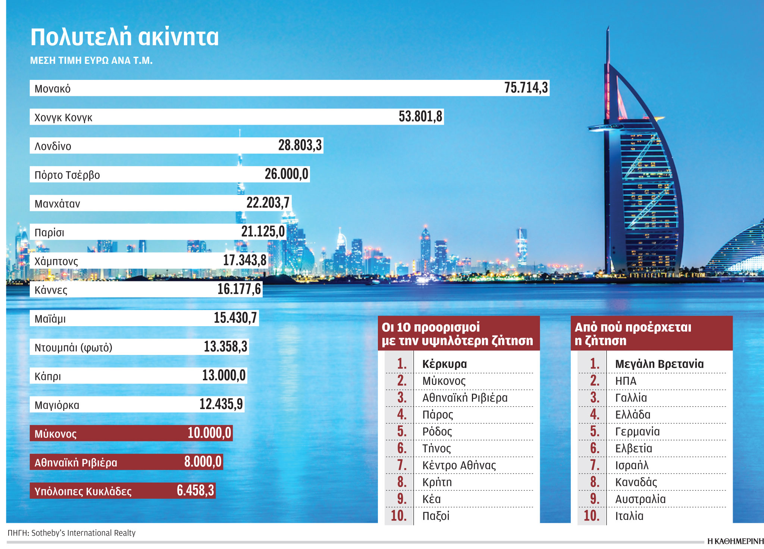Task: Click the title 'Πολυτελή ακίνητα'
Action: [124, 37]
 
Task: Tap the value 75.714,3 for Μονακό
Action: [526, 88]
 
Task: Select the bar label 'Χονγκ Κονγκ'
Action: [63, 118]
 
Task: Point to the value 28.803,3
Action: [300, 145]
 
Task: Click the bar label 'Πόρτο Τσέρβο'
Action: [67, 175]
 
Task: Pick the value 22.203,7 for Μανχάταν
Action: [268, 203]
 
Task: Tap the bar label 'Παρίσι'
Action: [49, 233]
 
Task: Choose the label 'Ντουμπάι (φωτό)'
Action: [73, 347]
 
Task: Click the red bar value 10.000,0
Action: [209, 433]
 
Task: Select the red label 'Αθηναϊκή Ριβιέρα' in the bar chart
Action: [76, 463]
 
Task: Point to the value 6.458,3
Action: [195, 490]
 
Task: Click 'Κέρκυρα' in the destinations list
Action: [444, 364]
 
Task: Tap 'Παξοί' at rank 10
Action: [436, 516]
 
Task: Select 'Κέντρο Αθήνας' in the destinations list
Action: [459, 465]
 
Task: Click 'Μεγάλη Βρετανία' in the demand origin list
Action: [659, 364]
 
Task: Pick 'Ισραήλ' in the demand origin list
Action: [632, 465]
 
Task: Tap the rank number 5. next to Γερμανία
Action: [595, 431]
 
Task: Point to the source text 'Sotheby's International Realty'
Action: [83, 533]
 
